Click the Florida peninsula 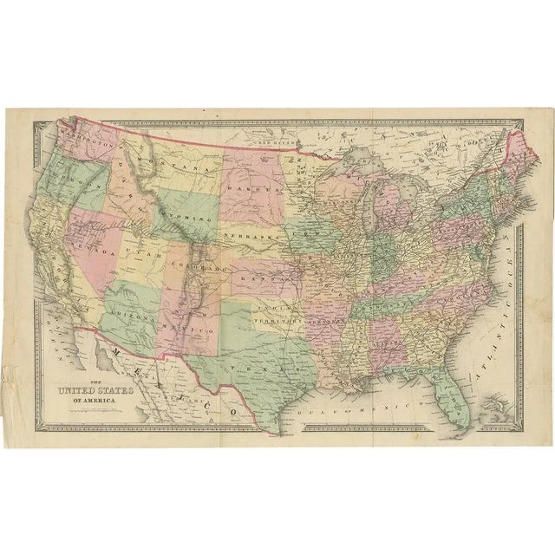point(455,408)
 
